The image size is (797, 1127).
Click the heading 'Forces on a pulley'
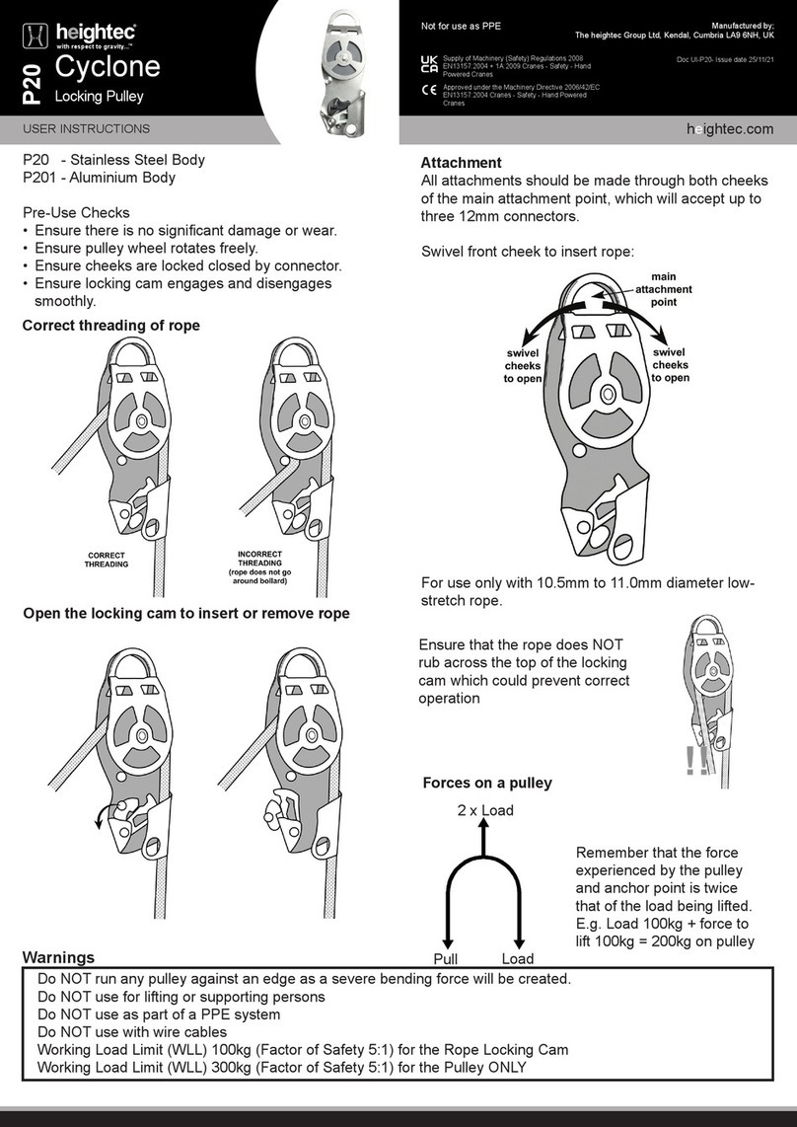pyautogui.click(x=486, y=783)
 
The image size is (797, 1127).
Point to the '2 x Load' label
pyautogui.click(x=484, y=810)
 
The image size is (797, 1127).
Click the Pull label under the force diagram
pyautogui.click(x=447, y=959)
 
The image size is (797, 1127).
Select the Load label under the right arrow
pyautogui.click(x=518, y=959)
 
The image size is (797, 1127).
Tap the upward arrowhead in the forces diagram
pyautogui.click(x=482, y=831)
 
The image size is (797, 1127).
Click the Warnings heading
pyautogui.click(x=58, y=957)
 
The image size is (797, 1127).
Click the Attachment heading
pyautogui.click(x=461, y=162)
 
